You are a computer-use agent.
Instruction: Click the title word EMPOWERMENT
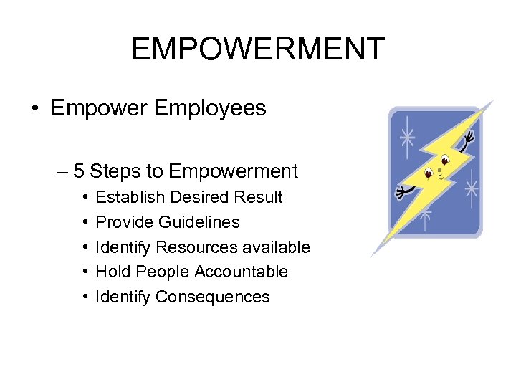[258, 49]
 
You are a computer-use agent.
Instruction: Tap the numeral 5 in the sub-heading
[79, 171]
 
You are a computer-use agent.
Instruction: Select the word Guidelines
[199, 222]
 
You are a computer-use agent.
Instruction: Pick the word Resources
[188, 247]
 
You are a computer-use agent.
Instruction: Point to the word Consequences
[213, 297]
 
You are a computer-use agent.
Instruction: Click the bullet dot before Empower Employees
[35, 109]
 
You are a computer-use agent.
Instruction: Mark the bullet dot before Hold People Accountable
[85, 272]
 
